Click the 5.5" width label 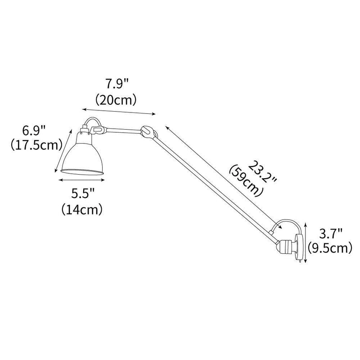pos(82,194)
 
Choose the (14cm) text pos(82,209)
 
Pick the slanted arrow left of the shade pos(63,149)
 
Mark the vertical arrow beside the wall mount pos(306,243)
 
